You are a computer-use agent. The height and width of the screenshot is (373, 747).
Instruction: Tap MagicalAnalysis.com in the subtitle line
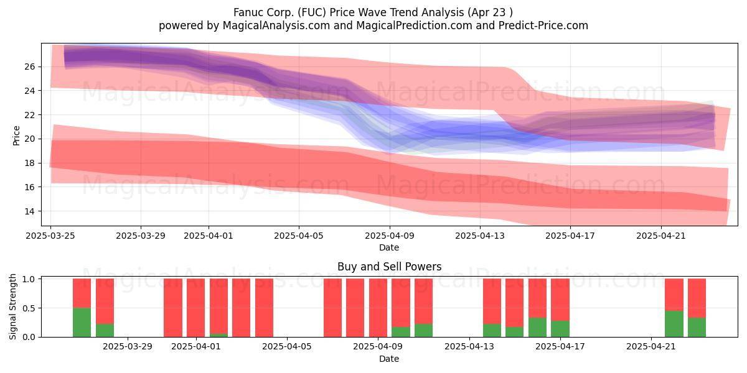[x=276, y=25]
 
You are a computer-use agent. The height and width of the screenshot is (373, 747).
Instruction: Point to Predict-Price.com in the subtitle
[x=543, y=25]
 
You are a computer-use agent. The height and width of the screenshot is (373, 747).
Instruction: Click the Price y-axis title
[x=16, y=136]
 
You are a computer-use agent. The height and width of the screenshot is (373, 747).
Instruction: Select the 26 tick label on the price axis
[x=30, y=67]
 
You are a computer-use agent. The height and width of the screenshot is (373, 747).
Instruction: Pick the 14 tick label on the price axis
[x=30, y=211]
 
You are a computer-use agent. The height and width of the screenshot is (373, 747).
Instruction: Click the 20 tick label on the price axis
[x=30, y=139]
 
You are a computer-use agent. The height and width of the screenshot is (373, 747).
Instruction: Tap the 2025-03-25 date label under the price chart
[x=50, y=236]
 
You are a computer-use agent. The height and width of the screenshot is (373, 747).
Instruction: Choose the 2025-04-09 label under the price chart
[x=390, y=236]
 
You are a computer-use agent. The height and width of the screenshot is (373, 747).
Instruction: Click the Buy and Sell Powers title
[x=389, y=267]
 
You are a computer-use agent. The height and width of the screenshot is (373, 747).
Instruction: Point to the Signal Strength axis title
[x=12, y=306]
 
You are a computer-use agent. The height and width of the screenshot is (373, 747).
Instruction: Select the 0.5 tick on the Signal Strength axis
[x=29, y=308]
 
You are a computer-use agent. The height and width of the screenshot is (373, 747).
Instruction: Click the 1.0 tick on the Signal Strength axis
[x=29, y=279]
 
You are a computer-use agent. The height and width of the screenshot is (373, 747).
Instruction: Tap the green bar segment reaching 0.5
[x=82, y=323]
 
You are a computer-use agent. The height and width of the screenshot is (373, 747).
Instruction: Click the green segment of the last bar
[x=697, y=328]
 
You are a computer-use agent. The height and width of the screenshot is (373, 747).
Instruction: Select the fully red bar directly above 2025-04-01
[x=195, y=308]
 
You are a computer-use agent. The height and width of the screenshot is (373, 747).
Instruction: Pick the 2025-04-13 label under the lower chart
[x=469, y=347]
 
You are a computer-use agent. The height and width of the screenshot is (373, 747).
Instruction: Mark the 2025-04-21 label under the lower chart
[x=651, y=347]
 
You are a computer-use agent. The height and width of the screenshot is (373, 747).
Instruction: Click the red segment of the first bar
[x=82, y=293]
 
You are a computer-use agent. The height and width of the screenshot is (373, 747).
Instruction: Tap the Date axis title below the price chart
[x=389, y=247]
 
